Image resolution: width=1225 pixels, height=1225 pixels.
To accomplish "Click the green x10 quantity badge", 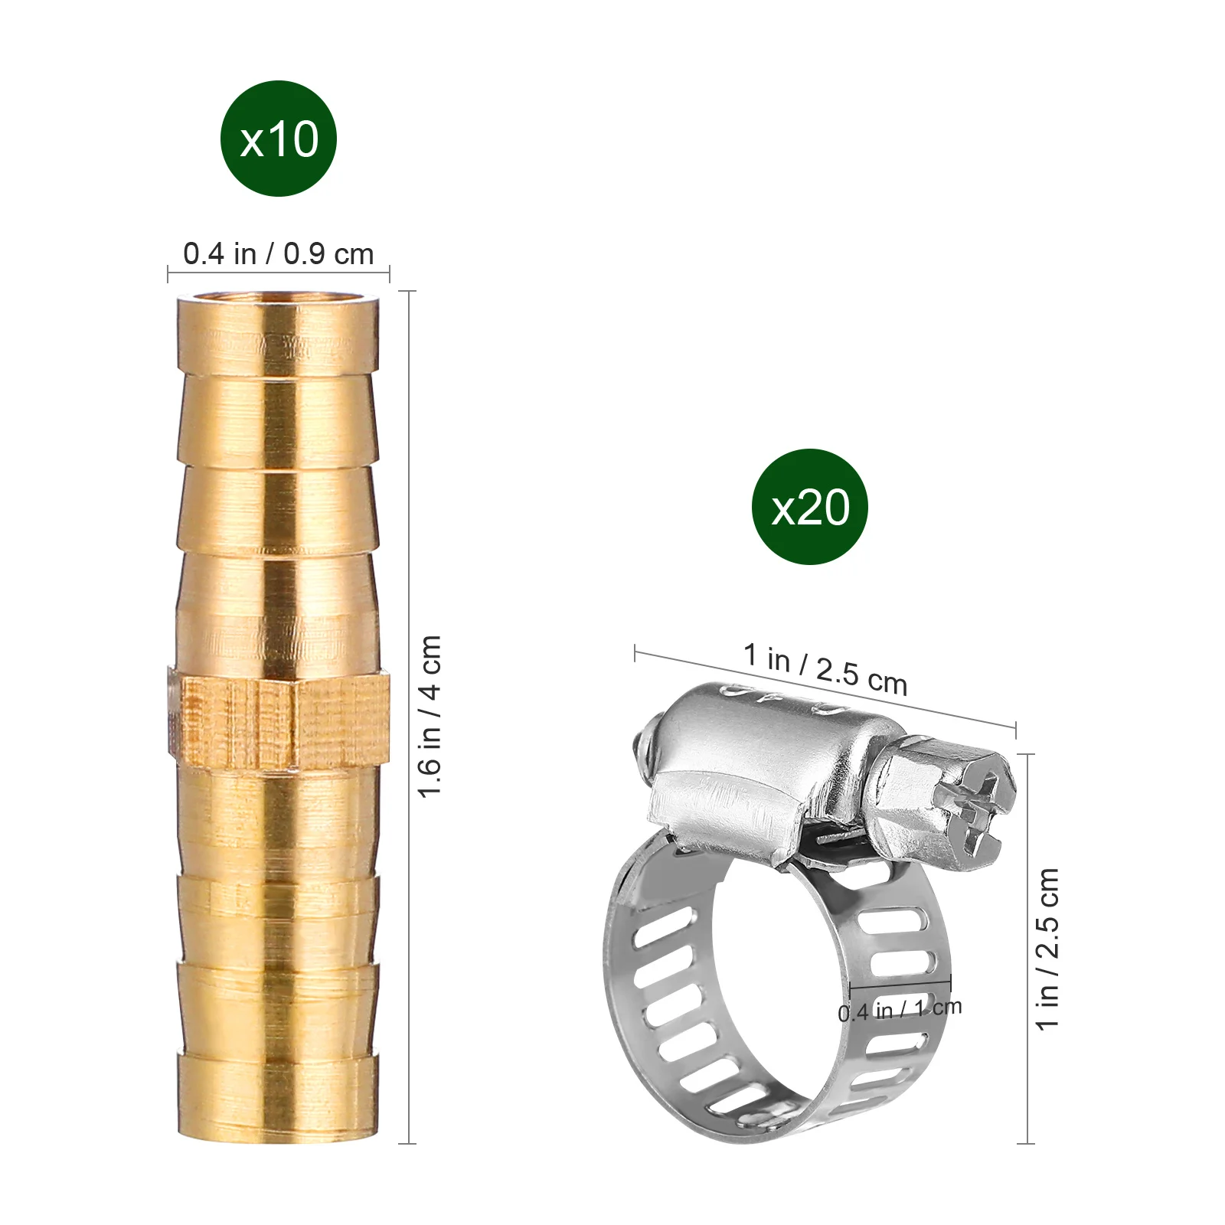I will (279, 139).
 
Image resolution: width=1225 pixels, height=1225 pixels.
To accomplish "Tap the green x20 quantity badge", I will (810, 507).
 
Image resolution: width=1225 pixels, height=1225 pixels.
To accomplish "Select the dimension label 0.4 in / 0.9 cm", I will (279, 254).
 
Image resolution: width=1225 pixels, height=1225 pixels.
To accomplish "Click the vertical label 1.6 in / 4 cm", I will (430, 716).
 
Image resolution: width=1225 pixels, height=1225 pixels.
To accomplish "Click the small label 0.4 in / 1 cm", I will (900, 1010).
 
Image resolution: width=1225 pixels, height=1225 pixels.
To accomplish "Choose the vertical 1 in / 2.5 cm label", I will (1048, 949).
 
